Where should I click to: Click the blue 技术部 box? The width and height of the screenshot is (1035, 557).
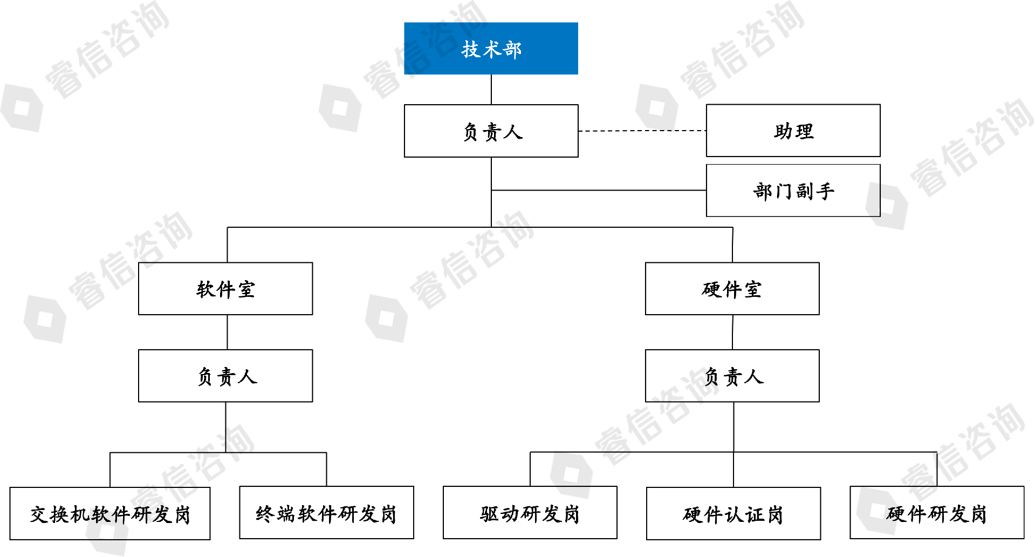[491, 48]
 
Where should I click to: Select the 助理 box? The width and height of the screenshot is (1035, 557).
[793, 131]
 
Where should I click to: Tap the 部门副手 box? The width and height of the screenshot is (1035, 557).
[793, 191]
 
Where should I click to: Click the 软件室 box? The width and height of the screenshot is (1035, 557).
[225, 289]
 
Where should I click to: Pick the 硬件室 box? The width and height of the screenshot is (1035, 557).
[732, 289]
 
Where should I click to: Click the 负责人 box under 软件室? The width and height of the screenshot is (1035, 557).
[225, 376]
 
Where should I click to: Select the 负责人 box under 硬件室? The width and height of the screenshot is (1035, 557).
[732, 376]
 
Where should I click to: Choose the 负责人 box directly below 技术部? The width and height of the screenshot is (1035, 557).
[491, 131]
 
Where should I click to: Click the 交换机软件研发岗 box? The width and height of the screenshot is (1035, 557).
[110, 513]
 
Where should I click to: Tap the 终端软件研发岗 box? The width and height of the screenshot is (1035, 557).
[326, 513]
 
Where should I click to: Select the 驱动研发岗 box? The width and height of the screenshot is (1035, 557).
[530, 513]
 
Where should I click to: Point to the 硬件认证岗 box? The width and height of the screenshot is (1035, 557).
[734, 513]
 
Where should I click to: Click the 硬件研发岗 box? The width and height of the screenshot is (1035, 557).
[937, 513]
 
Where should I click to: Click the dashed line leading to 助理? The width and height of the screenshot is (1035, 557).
[642, 131]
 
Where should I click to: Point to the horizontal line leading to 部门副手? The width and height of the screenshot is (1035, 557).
[599, 190]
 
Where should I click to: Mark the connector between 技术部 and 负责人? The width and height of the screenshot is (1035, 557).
[491, 89]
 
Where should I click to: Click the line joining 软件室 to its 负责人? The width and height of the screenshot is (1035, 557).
[227, 332]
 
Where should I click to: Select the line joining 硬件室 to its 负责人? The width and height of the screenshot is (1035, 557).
[732, 332]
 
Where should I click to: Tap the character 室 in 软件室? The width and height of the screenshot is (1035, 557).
[246, 289]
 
